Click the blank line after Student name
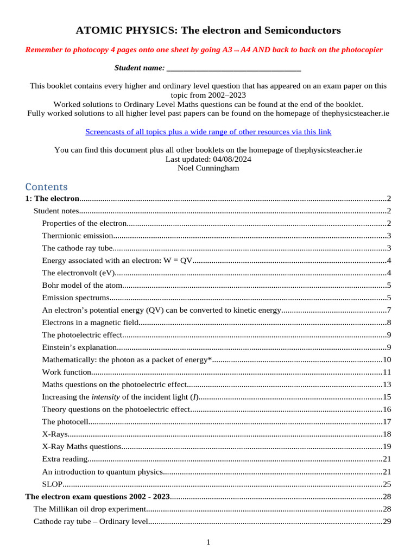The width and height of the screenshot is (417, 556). (233, 68)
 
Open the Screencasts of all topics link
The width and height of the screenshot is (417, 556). (208, 132)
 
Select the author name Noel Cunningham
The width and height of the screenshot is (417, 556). (208, 168)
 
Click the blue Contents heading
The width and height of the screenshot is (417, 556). (46, 187)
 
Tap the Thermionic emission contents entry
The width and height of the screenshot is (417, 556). (78, 236)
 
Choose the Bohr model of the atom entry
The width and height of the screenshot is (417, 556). (82, 285)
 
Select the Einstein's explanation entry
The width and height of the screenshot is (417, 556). (79, 347)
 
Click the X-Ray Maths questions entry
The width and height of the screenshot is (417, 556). (81, 446)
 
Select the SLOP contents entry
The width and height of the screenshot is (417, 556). (52, 484)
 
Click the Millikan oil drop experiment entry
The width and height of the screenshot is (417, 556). (90, 509)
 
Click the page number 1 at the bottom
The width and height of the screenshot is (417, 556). (208, 542)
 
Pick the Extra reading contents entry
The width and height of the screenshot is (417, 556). (65, 459)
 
